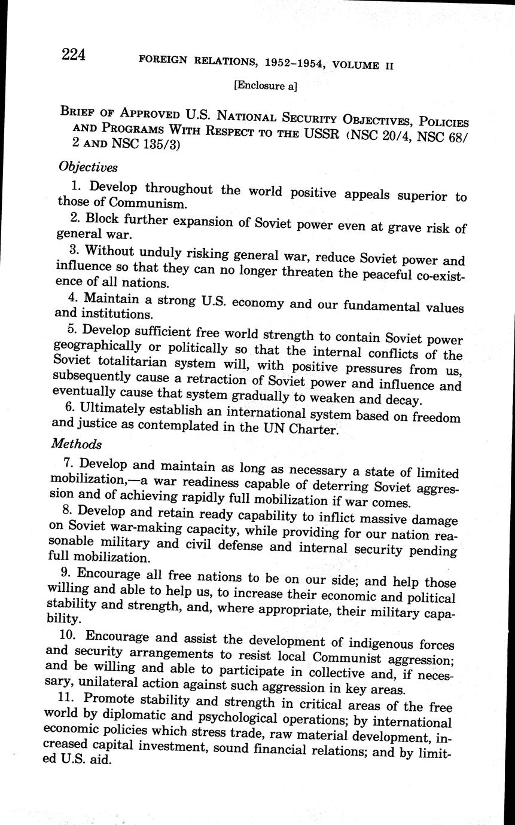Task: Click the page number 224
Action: click(x=74, y=55)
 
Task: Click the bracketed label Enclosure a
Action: click(x=265, y=85)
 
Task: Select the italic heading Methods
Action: click(x=77, y=444)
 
